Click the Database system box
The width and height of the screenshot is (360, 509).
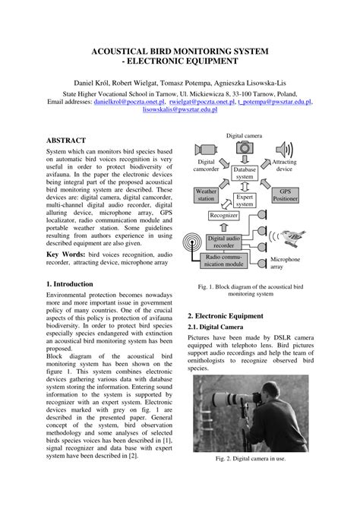(245, 172)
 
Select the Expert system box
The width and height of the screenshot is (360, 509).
(245, 200)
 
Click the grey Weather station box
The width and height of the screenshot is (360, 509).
(206, 195)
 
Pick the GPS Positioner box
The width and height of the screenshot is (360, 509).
(284, 195)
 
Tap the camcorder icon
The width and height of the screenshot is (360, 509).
(205, 149)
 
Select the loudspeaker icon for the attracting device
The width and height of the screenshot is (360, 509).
(284, 149)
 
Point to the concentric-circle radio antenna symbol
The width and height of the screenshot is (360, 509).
(195, 241)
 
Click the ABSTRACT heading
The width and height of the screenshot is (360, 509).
(67, 141)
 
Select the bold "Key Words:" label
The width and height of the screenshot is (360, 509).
(66, 254)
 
